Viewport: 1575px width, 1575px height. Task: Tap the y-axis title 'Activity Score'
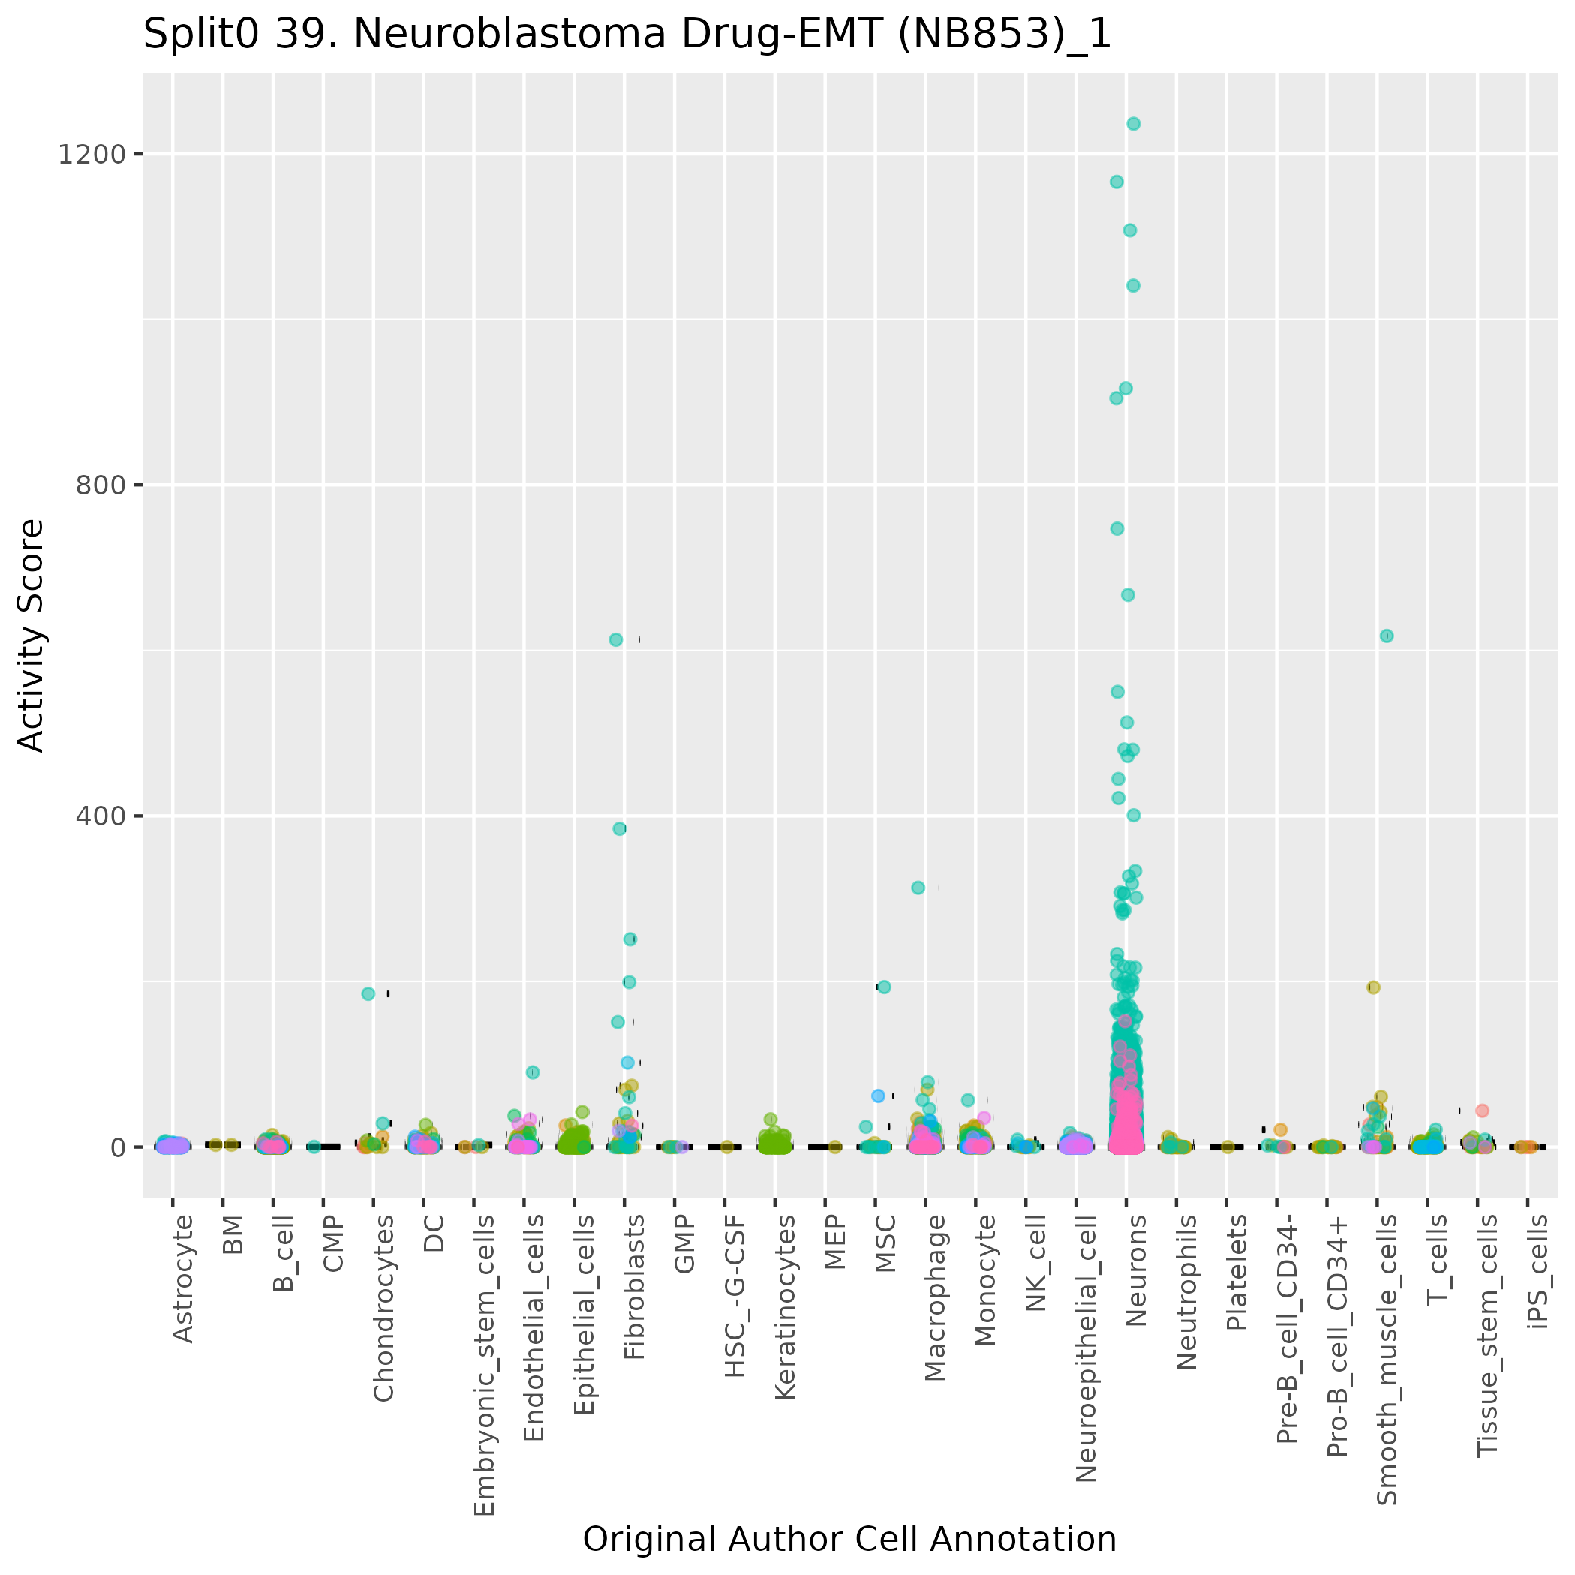(31, 636)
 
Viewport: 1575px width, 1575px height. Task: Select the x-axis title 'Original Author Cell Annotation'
(849, 1539)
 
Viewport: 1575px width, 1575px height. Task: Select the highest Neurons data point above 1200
(1133, 124)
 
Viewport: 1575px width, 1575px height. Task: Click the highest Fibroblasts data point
(615, 640)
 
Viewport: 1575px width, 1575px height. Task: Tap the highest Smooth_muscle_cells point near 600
(1387, 636)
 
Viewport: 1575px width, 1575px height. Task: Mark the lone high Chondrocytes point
(368, 993)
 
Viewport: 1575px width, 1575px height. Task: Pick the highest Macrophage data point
(918, 888)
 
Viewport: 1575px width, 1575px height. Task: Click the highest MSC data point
(884, 987)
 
